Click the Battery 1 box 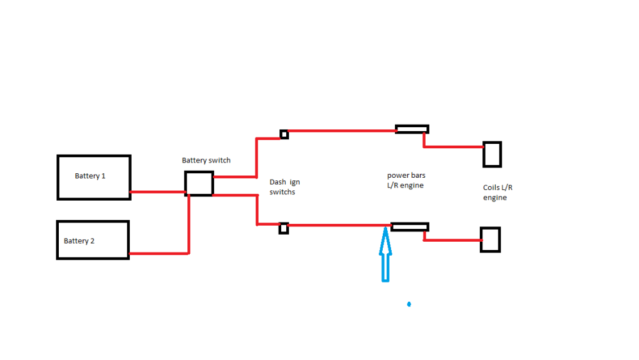pyautogui.click(x=94, y=177)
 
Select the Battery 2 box pyautogui.click(x=93, y=240)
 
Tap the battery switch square pyautogui.click(x=199, y=184)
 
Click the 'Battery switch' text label pyautogui.click(x=206, y=160)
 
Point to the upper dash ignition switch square pyautogui.click(x=284, y=134)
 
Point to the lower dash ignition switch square pyautogui.click(x=284, y=228)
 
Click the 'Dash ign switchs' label pyautogui.click(x=284, y=187)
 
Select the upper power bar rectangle pyautogui.click(x=412, y=129)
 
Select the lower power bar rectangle pyautogui.click(x=410, y=226)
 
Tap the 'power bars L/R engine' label pyautogui.click(x=406, y=180)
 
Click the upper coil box pyautogui.click(x=492, y=154)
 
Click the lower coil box pyautogui.click(x=490, y=240)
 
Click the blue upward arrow pyautogui.click(x=385, y=256)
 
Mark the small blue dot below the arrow pyautogui.click(x=409, y=304)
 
